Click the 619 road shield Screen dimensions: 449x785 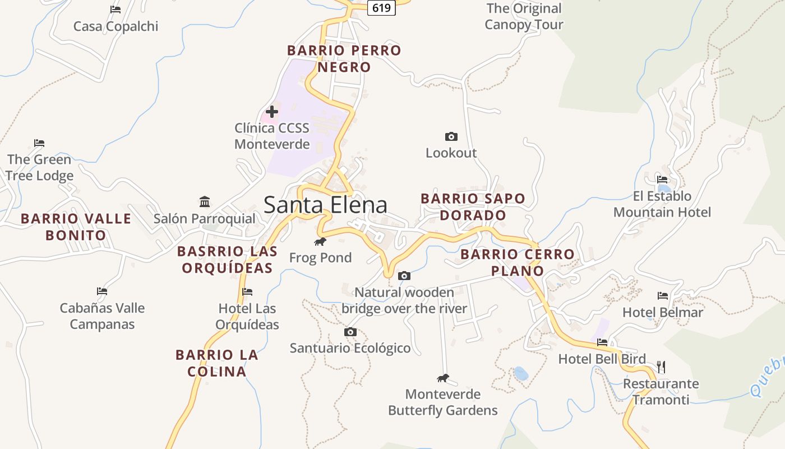[x=381, y=8]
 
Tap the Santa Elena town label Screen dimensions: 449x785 [x=325, y=205]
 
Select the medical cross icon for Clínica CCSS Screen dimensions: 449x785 [x=272, y=112]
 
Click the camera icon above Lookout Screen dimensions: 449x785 [x=451, y=136]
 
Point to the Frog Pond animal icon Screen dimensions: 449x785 [x=320, y=242]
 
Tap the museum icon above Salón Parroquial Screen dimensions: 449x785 [x=205, y=201]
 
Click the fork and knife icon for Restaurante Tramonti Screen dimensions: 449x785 [x=661, y=367]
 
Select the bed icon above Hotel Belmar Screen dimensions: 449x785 [x=663, y=295]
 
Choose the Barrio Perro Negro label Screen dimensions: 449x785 [x=344, y=58]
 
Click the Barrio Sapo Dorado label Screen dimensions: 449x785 [x=473, y=207]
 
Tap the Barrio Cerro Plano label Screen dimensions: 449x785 [x=518, y=262]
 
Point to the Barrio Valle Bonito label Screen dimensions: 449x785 [x=76, y=227]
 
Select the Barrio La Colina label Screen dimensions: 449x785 [x=217, y=363]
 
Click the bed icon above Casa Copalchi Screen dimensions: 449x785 [x=116, y=9]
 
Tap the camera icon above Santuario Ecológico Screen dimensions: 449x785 [x=350, y=332]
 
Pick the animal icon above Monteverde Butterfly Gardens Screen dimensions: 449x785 [x=443, y=378]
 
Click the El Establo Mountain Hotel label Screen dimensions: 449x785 [x=662, y=204]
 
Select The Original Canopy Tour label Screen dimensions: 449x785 [x=524, y=16]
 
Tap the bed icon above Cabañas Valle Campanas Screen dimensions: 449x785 [x=102, y=291]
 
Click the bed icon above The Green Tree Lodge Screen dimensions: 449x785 [x=39, y=143]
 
